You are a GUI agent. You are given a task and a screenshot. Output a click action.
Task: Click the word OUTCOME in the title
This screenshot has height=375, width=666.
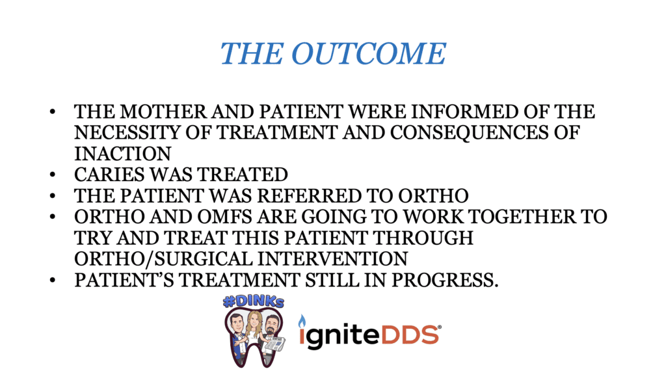point(368,54)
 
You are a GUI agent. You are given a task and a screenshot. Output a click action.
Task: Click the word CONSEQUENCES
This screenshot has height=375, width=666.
point(468,133)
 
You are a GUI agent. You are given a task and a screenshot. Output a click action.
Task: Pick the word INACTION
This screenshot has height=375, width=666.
point(123,154)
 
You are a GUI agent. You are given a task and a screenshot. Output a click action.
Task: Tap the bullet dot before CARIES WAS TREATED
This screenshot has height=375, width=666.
point(53,174)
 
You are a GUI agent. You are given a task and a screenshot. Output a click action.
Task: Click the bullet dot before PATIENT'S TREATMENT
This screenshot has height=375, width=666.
point(53,280)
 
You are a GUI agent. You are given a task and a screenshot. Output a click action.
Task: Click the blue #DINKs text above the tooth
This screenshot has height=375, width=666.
point(254,301)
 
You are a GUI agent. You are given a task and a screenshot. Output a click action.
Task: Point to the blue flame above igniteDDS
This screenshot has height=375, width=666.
point(302,322)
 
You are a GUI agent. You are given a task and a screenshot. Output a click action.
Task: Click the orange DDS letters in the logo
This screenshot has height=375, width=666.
point(410,335)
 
